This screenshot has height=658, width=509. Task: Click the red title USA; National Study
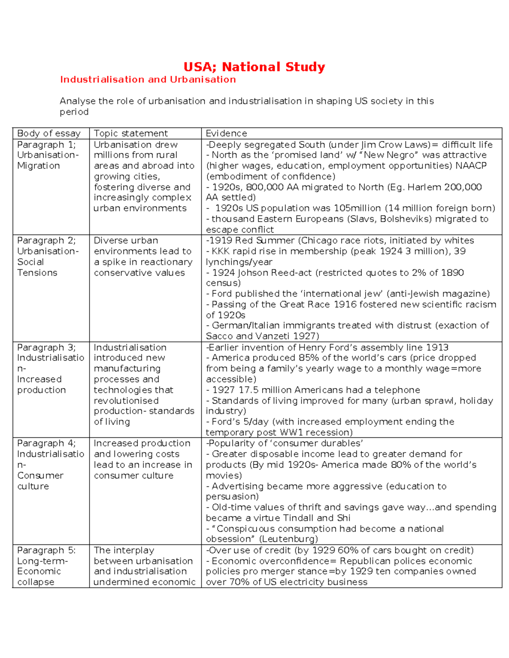coord(254,67)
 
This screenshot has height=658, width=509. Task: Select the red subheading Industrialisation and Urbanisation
coord(148,80)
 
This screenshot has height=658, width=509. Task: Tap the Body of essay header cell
coord(49,133)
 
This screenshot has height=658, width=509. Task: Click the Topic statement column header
coord(131,133)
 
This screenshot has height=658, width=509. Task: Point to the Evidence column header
coord(226,133)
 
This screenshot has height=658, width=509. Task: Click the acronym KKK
coord(221,251)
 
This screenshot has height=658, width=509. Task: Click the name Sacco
coord(219,336)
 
